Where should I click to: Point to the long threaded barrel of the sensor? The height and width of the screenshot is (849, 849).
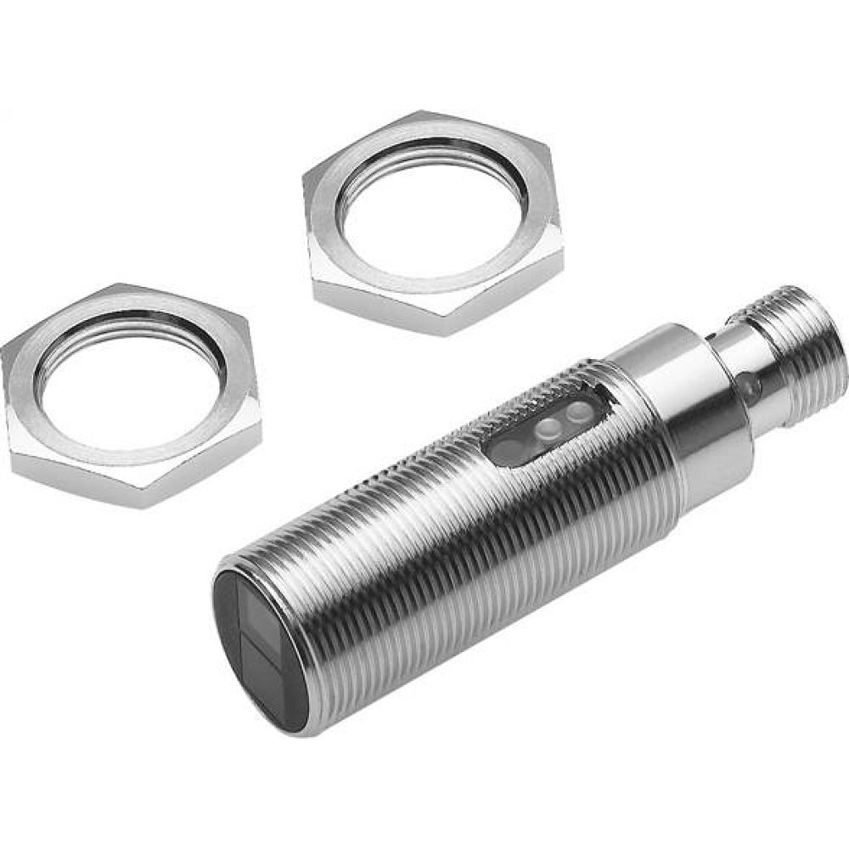click(x=441, y=543)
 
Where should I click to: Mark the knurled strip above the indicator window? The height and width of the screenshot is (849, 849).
click(x=543, y=391)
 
